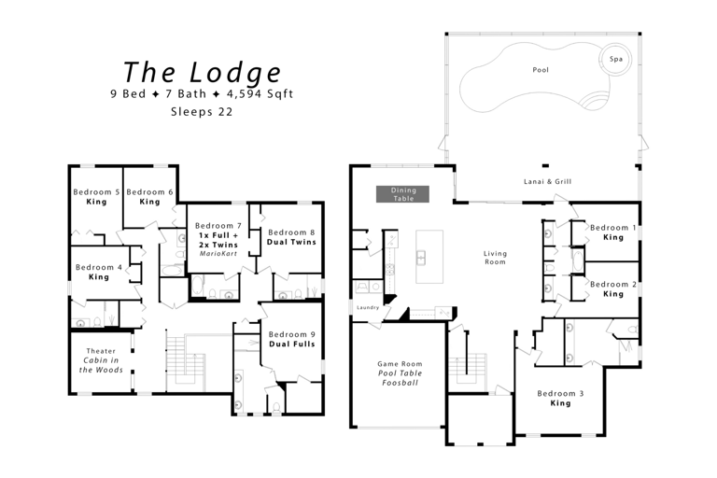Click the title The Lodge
(x=202, y=72)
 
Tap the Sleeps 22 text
(x=202, y=111)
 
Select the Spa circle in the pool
(x=615, y=59)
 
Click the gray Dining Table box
(x=402, y=194)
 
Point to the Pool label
(x=541, y=70)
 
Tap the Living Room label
(x=495, y=257)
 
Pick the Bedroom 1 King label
(x=612, y=232)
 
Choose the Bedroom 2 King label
(x=612, y=288)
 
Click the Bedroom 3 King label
(x=560, y=399)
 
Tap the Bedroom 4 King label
(x=98, y=272)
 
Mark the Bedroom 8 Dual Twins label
(x=291, y=237)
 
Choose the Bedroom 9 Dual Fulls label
(x=291, y=339)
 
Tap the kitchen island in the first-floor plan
(x=423, y=256)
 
